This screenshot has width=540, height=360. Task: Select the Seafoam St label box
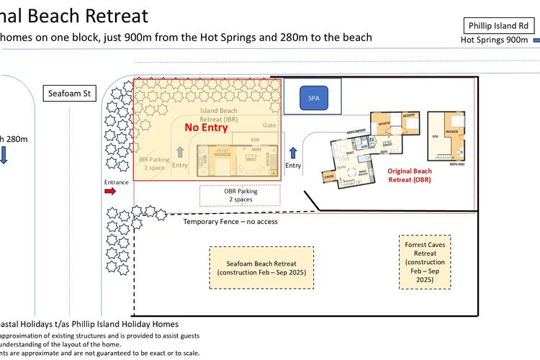tap(69, 93)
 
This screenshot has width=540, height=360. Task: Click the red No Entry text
tap(206, 127)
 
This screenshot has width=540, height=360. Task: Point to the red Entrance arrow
tap(115, 192)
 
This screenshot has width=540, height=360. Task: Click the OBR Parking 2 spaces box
tap(240, 195)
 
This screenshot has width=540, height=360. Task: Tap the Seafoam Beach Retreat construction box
tap(262, 268)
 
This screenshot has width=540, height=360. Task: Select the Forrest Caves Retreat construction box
tap(425, 261)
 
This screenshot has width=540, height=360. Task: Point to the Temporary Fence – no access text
tap(230, 222)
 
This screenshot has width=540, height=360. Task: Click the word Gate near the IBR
tap(270, 125)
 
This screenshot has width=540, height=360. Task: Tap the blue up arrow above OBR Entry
tap(293, 153)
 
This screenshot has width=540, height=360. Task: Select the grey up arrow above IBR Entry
tap(179, 152)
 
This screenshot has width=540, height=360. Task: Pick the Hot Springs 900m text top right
tap(494, 40)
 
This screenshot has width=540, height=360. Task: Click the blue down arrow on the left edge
tap(3, 156)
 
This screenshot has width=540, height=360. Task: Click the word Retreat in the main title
tap(115, 16)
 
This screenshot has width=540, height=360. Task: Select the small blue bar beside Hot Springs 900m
tap(536, 40)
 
